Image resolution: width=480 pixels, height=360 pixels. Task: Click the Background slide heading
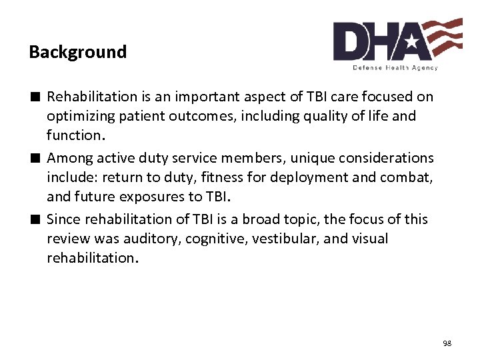pyautogui.click(x=77, y=52)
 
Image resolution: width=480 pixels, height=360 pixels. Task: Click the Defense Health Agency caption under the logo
pyautogui.click(x=395, y=68)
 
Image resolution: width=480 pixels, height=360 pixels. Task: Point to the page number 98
pyautogui.click(x=447, y=343)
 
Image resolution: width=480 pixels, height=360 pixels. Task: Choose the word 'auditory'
pyautogui.click(x=153, y=239)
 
